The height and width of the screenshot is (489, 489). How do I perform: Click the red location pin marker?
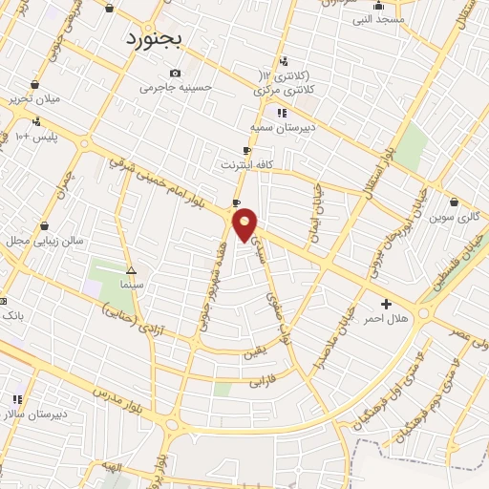click(245, 224)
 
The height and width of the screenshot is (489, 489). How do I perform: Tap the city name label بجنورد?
click(159, 39)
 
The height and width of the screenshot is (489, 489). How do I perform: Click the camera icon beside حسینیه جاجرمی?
click(174, 74)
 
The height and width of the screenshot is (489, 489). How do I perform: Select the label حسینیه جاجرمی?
click(176, 88)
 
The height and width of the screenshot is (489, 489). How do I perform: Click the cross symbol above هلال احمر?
click(386, 304)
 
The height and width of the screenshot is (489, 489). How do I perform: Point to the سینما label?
click(132, 284)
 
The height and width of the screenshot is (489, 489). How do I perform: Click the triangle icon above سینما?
click(131, 270)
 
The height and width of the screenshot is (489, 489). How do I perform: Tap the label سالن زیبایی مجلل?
click(47, 240)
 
